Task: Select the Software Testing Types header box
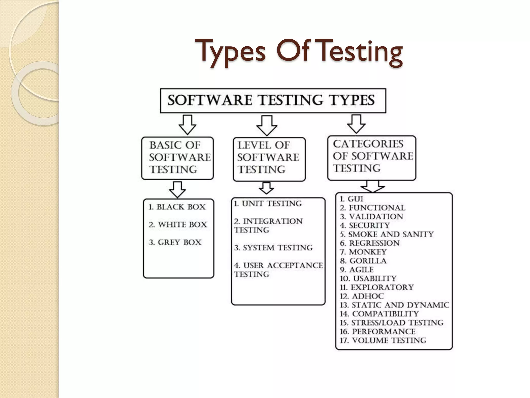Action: (273, 101)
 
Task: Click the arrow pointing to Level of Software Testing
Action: (267, 125)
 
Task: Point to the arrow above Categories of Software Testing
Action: (356, 124)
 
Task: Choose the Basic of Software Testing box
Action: (178, 158)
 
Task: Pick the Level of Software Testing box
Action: (269, 159)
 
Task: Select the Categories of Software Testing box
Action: (372, 158)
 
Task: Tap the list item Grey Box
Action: (175, 243)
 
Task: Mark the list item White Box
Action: (178, 225)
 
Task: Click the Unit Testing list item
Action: (268, 204)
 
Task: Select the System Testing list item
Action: (274, 248)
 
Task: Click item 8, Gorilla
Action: (363, 261)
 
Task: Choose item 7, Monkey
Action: (363, 252)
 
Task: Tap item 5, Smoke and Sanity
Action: (387, 234)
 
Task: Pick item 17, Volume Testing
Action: (383, 340)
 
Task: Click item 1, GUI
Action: (351, 199)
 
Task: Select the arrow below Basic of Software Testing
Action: (178, 189)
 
